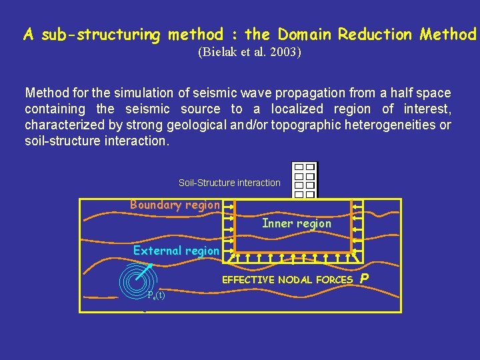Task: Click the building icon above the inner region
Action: click(x=305, y=180)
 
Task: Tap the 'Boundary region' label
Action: click(x=175, y=205)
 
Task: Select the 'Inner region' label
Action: click(x=297, y=223)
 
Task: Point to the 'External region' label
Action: click(x=176, y=251)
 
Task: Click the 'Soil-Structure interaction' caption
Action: click(x=229, y=183)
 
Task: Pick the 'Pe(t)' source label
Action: click(x=157, y=295)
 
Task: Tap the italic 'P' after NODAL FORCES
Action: click(x=364, y=279)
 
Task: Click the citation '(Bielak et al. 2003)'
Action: click(x=249, y=52)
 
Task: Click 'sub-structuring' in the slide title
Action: click(x=101, y=34)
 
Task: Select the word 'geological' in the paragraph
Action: click(x=197, y=125)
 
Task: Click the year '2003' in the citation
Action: click(x=287, y=52)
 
